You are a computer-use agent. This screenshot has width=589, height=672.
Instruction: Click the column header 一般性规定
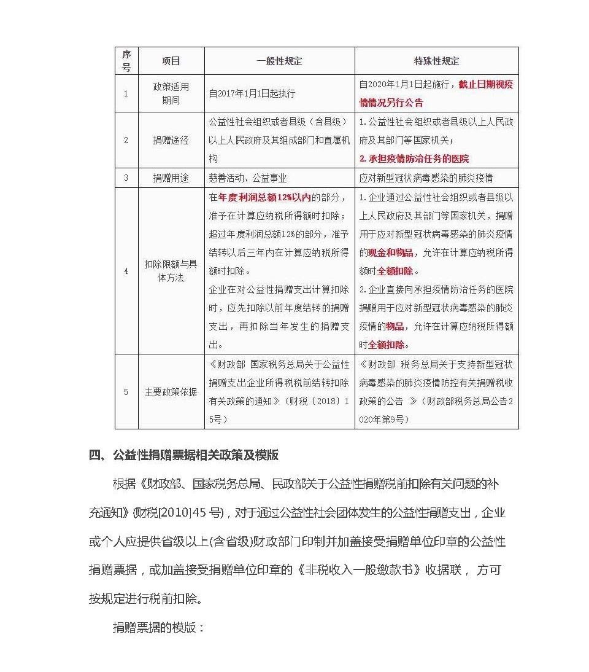pos(279,61)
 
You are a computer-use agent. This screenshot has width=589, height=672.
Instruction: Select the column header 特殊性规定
pos(436,61)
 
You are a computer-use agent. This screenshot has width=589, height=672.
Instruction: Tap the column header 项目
pos(171,61)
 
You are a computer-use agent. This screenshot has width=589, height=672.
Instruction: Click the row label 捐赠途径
pos(171,140)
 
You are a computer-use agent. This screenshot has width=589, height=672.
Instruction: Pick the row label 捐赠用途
pos(171,178)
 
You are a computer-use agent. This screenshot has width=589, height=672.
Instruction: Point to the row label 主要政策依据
pos(171,391)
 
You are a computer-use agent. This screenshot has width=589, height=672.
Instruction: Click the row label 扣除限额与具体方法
pos(171,270)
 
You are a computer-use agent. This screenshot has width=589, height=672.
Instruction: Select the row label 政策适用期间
pos(171,93)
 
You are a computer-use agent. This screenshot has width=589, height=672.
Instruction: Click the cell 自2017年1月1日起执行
pos(252,94)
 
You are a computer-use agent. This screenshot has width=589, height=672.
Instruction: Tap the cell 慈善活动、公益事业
pos(248,178)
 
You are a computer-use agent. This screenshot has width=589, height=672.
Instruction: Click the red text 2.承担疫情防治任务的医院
pos(414,158)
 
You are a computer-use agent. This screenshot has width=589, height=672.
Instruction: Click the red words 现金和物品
pos(391,252)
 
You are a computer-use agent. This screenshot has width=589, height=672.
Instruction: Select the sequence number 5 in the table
pos(126,391)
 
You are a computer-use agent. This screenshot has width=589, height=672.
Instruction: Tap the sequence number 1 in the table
pos(126,93)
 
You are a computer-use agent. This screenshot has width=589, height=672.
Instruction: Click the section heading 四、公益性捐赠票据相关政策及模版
pos(184,455)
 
